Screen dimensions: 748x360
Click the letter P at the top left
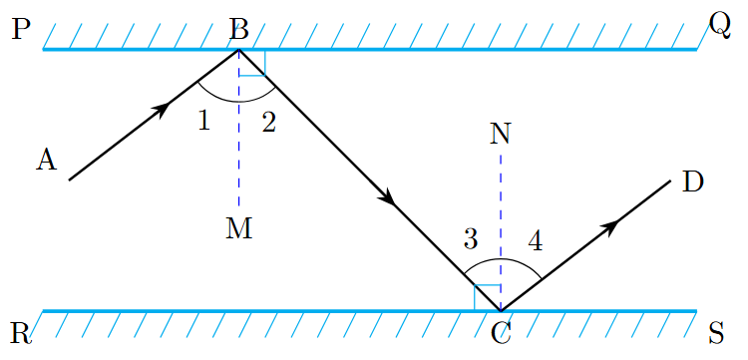pyautogui.click(x=21, y=29)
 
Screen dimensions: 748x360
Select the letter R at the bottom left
pyautogui.click(x=21, y=332)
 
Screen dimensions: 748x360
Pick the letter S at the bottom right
pyautogui.click(x=717, y=332)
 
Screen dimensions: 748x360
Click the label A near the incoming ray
pyautogui.click(x=46, y=160)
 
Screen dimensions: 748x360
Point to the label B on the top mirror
pyautogui.click(x=238, y=29)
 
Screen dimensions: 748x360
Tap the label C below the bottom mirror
pyautogui.click(x=502, y=333)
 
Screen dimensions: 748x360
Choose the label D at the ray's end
pyautogui.click(x=693, y=181)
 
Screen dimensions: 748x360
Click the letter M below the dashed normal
pyautogui.click(x=238, y=228)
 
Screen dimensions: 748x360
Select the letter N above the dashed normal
pyautogui.click(x=501, y=134)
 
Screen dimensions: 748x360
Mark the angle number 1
pyautogui.click(x=203, y=122)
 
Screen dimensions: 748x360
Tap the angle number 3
pyautogui.click(x=472, y=239)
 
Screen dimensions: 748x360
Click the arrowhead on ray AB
pyautogui.click(x=161, y=109)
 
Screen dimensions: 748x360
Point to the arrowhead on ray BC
pyautogui.click(x=390, y=199)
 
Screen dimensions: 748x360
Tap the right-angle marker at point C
pyautogui.click(x=487, y=297)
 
